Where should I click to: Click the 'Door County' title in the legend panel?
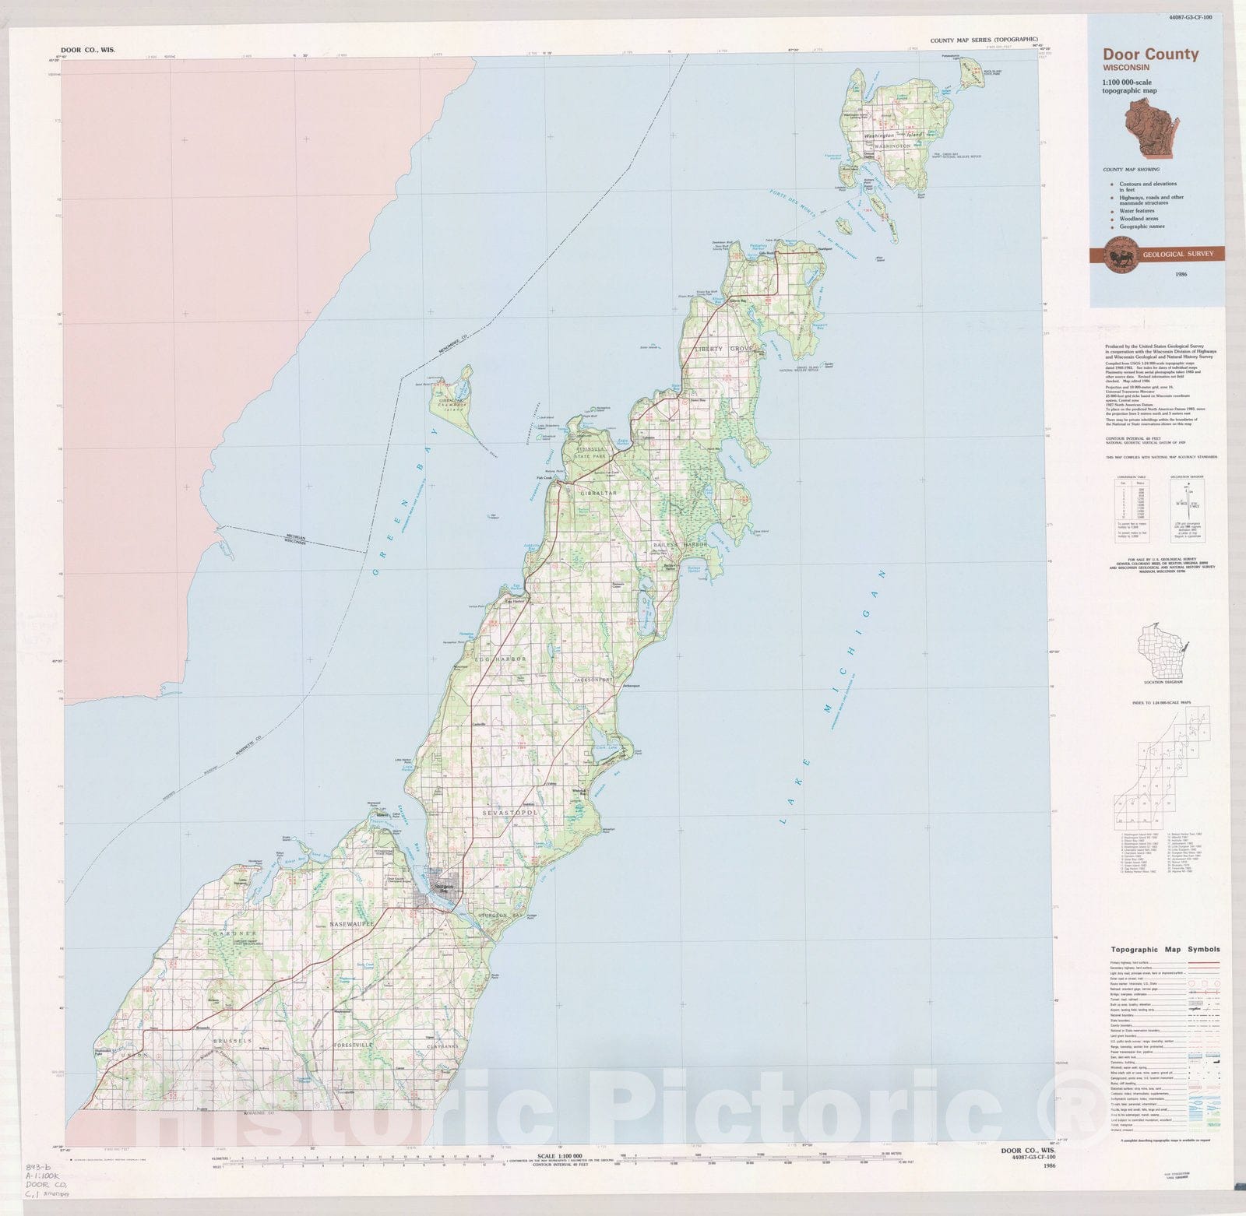point(1149,54)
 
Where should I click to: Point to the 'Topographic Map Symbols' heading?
point(1164,949)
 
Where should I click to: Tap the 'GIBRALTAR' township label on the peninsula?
point(596,494)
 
